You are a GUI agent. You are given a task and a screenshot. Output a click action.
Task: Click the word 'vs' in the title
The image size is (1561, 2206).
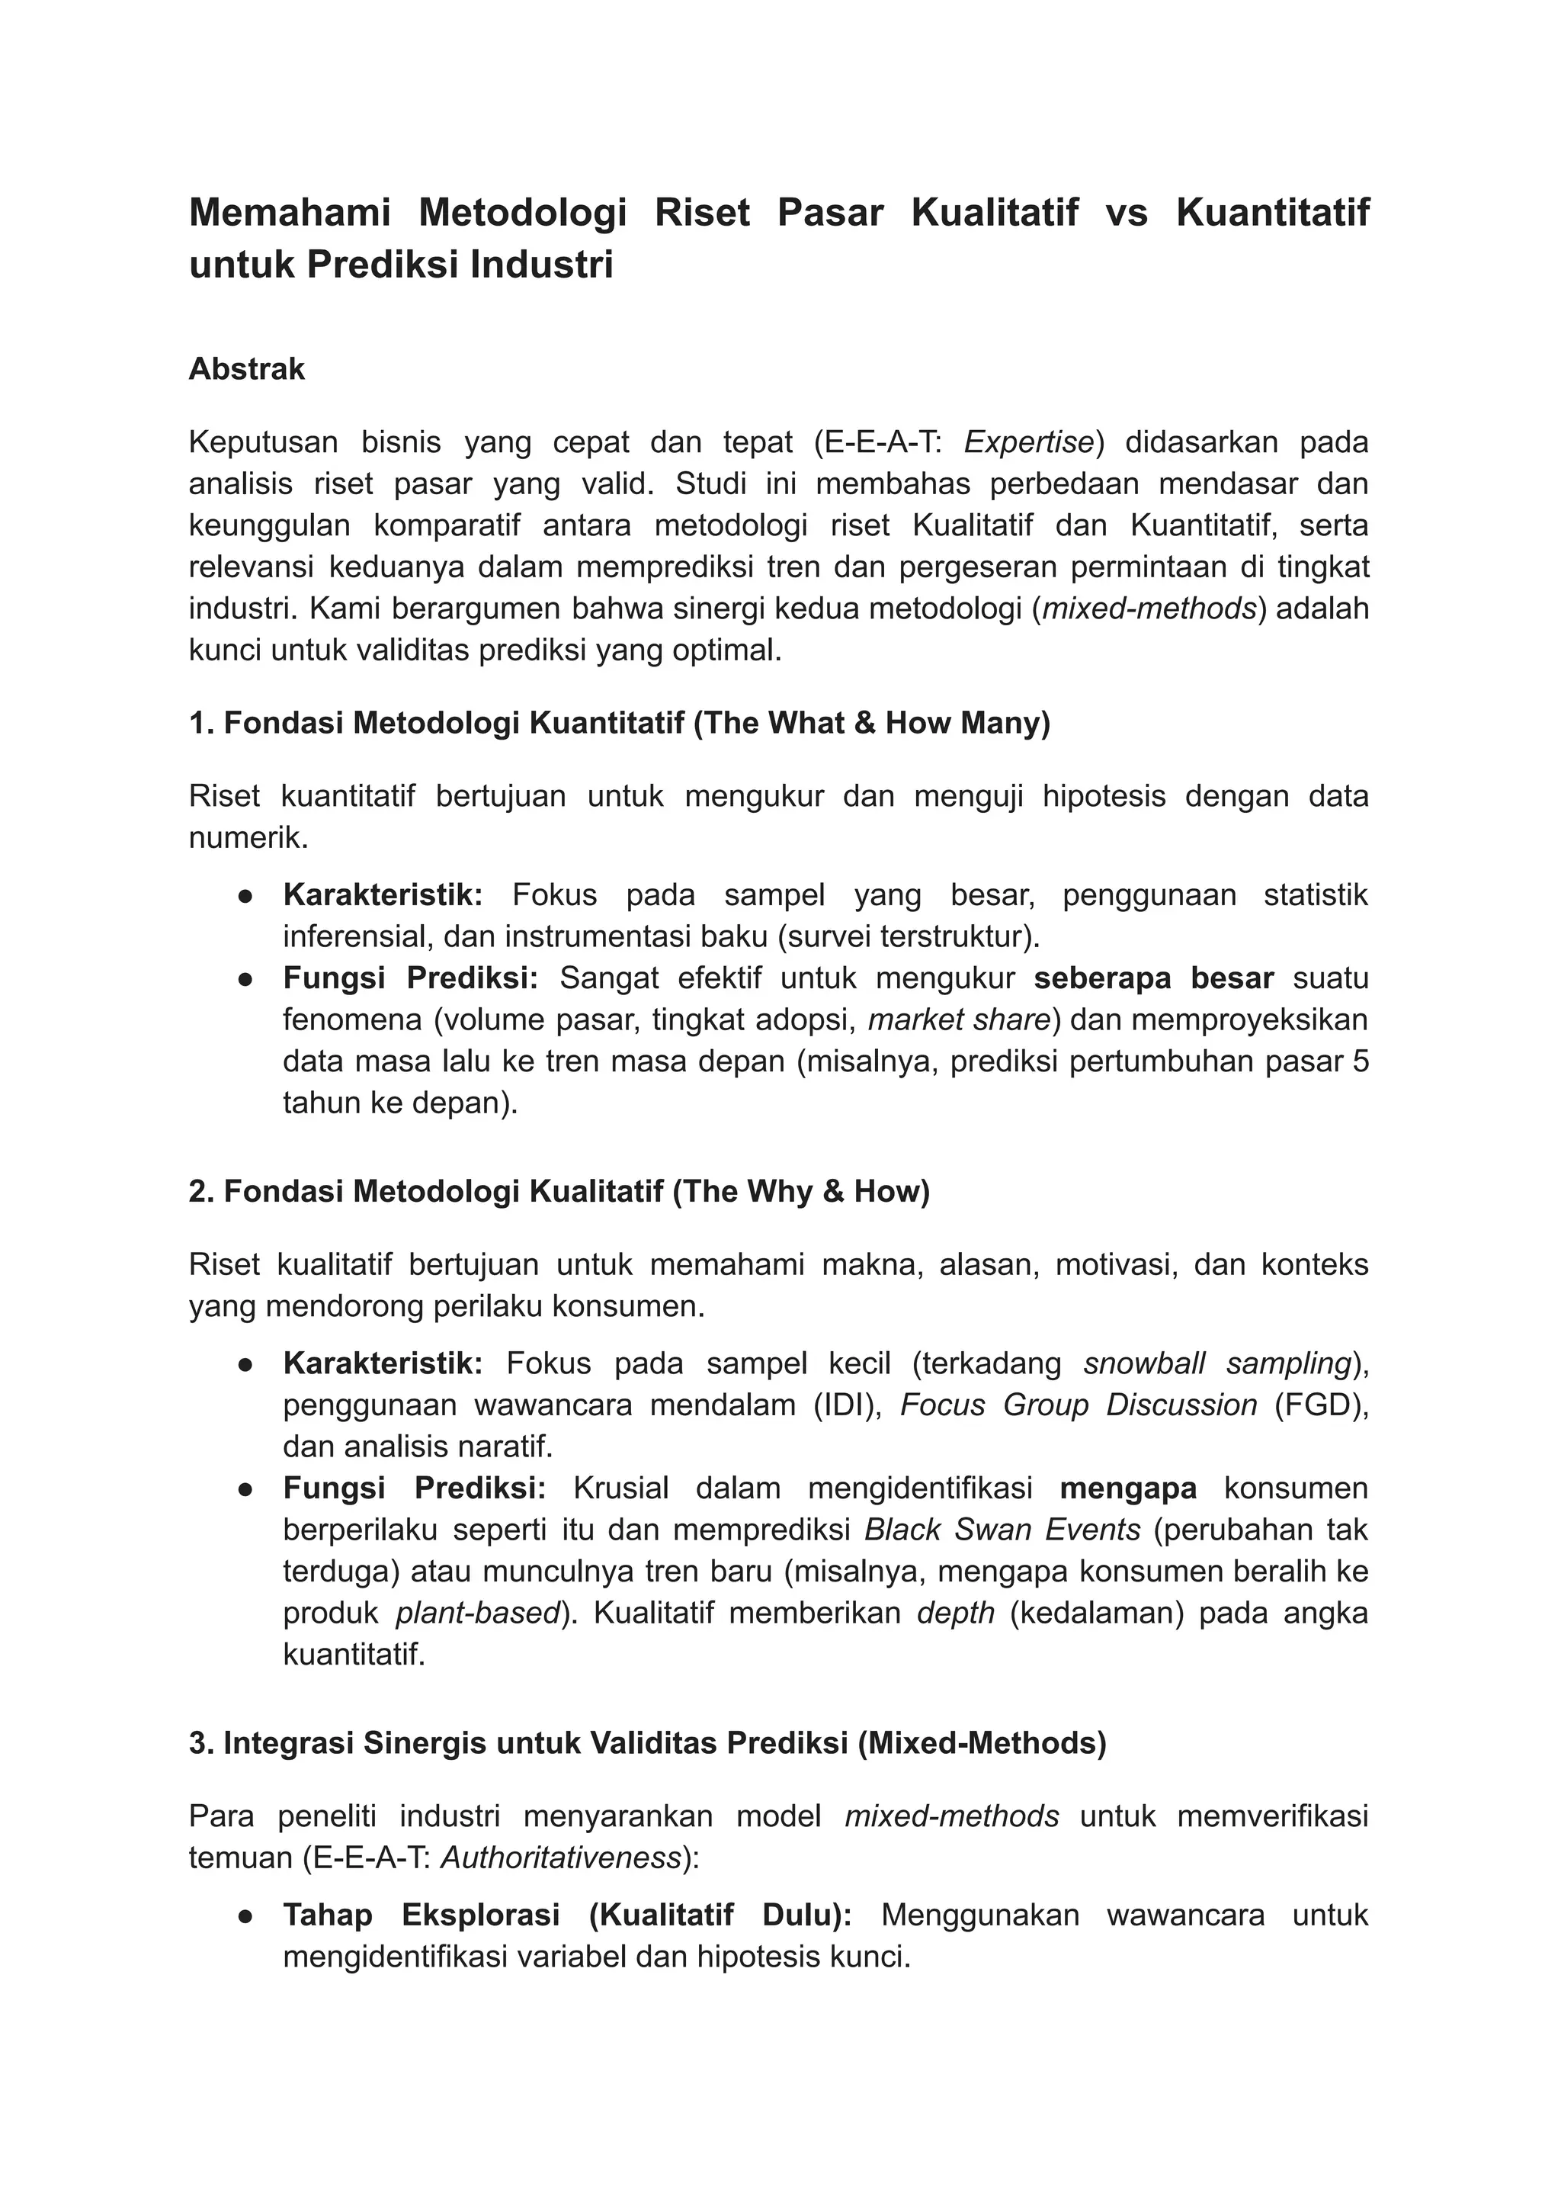click(1127, 213)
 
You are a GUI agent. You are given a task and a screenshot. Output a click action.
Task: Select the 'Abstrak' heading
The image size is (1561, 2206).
click(246, 369)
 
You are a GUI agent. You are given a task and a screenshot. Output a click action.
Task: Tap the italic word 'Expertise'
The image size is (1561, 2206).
click(1028, 442)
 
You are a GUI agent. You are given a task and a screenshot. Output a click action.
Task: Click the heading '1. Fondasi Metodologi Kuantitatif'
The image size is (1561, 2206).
click(619, 723)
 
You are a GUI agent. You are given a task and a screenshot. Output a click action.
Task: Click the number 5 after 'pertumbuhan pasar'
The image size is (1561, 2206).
click(1359, 1061)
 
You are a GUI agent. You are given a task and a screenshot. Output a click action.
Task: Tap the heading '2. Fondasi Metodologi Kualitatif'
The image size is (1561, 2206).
click(559, 1192)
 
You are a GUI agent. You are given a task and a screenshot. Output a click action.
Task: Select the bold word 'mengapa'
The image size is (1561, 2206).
click(1129, 1488)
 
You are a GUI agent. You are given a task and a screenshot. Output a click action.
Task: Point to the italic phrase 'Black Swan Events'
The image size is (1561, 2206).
click(1002, 1530)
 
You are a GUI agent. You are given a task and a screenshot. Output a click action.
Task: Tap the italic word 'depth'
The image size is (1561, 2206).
click(956, 1614)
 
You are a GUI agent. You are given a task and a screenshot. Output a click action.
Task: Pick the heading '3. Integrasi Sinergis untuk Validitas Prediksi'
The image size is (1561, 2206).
click(647, 1743)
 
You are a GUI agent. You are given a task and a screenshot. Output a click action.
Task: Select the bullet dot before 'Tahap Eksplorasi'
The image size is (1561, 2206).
click(245, 1916)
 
